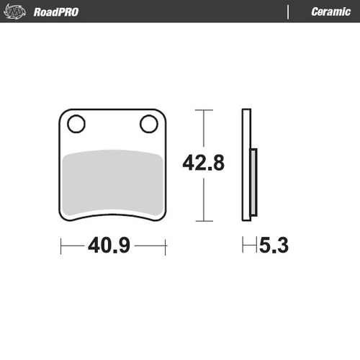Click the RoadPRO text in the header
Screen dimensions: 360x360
pyautogui.click(x=56, y=12)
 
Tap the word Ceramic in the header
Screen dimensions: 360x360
pyautogui.click(x=330, y=12)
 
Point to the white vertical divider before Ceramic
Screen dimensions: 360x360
pyautogui.click(x=288, y=12)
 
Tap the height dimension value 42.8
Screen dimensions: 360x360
pyautogui.click(x=204, y=163)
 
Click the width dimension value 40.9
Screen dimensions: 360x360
pyautogui.click(x=109, y=246)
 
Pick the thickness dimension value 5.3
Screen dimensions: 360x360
pyautogui.click(x=274, y=246)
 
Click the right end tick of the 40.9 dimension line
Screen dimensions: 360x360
pyautogui.click(x=166, y=246)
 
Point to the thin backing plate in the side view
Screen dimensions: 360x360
pyautogui.click(x=246, y=165)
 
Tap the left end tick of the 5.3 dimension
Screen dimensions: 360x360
pyautogui.click(x=244, y=246)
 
